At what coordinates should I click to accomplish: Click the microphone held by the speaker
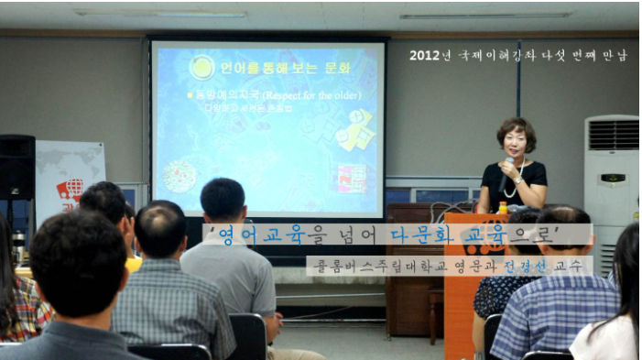coord(509,165)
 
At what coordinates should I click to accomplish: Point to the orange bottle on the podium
coord(503,209)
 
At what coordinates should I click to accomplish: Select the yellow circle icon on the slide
coord(201,67)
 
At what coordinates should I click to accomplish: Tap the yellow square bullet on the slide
coord(189,94)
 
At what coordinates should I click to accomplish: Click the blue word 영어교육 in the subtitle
coord(254,235)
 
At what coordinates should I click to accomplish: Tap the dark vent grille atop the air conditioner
coord(613,136)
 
